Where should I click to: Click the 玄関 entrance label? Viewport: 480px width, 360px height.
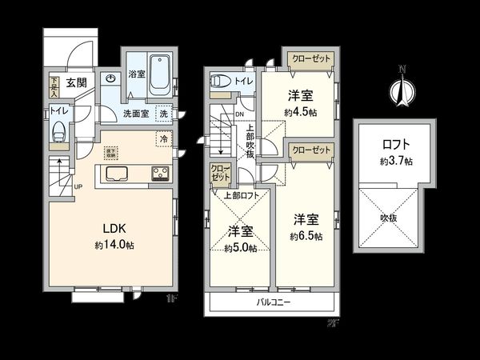(76, 82)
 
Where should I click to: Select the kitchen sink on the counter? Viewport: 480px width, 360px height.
(114, 175)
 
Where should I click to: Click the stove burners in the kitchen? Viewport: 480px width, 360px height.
(157, 173)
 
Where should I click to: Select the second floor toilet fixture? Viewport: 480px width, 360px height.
(218, 82)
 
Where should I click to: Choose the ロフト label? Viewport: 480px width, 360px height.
(396, 145)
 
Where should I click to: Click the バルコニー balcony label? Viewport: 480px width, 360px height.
(273, 302)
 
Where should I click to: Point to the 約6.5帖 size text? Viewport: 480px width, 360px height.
(306, 237)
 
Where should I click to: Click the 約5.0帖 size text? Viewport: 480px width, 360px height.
(241, 248)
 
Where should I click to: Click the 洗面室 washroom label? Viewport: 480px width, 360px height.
(134, 114)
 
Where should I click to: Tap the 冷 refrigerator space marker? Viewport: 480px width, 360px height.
(164, 139)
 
